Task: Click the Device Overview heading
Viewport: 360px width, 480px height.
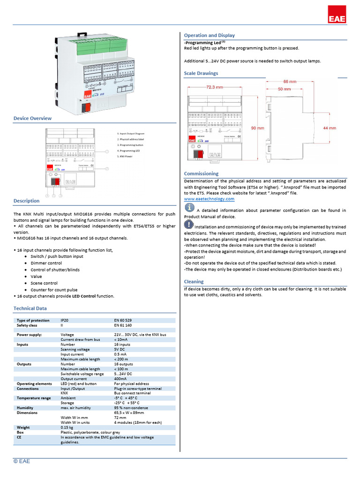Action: point(32,119)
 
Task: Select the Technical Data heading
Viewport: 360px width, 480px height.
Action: point(30,308)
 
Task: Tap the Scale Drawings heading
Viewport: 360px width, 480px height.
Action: point(201,74)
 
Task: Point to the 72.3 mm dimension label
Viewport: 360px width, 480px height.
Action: point(214,87)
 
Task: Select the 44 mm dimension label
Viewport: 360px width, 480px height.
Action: point(329,128)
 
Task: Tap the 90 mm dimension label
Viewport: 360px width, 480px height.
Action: point(257,128)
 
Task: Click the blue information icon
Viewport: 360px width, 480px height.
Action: point(189,208)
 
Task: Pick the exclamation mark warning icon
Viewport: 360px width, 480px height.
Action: point(189,225)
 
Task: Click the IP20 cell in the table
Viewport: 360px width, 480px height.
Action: point(65,320)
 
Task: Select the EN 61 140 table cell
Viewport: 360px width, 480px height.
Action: point(123,325)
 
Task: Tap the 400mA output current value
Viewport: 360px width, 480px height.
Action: point(120,379)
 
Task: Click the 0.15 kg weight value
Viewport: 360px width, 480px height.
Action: point(67,427)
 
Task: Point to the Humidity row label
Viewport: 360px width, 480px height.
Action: point(25,408)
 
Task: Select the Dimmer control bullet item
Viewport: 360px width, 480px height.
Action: point(46,263)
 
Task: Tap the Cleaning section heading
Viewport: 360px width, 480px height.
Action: point(194,282)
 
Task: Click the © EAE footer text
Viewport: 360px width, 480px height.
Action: point(22,461)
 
